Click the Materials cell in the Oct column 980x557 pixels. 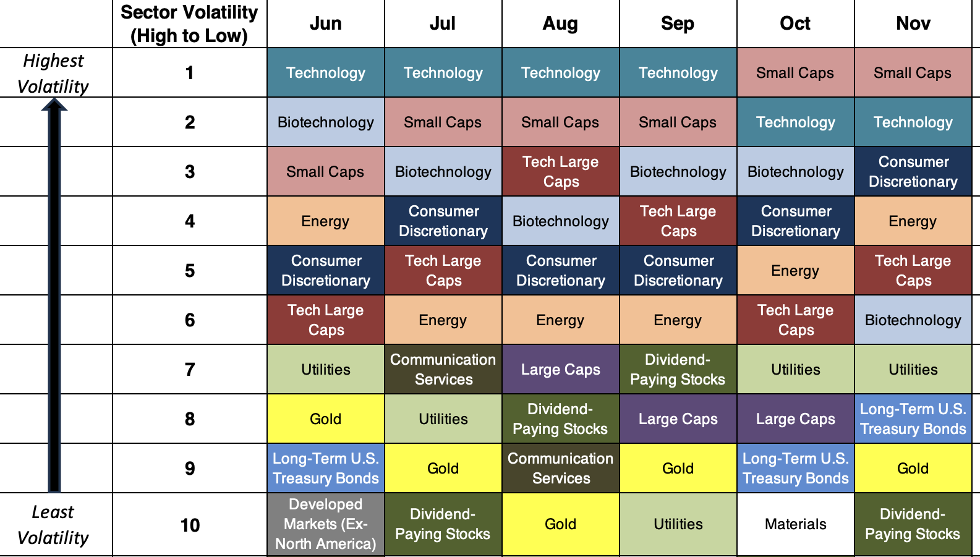click(795, 524)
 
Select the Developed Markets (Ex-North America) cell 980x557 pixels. click(326, 524)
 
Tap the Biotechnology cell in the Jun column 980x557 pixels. click(326, 122)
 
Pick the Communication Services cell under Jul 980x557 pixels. click(443, 370)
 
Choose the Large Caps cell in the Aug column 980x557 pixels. click(561, 370)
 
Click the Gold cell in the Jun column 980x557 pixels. click(326, 419)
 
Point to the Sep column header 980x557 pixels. click(678, 23)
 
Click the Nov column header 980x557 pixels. click(913, 23)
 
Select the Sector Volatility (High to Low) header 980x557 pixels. click(189, 23)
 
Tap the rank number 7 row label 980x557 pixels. click(190, 370)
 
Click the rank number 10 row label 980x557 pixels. click(190, 525)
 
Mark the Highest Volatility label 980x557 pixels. click(53, 73)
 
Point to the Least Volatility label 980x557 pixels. click(53, 525)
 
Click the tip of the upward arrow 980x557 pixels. click(54, 101)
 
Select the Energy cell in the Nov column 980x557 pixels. click(913, 221)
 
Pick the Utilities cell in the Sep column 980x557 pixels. click(678, 524)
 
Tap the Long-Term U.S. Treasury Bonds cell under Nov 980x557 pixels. click(913, 419)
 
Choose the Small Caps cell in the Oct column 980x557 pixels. click(795, 73)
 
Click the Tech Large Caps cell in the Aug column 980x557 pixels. click(561, 172)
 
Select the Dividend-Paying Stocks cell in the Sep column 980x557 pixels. click(678, 370)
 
